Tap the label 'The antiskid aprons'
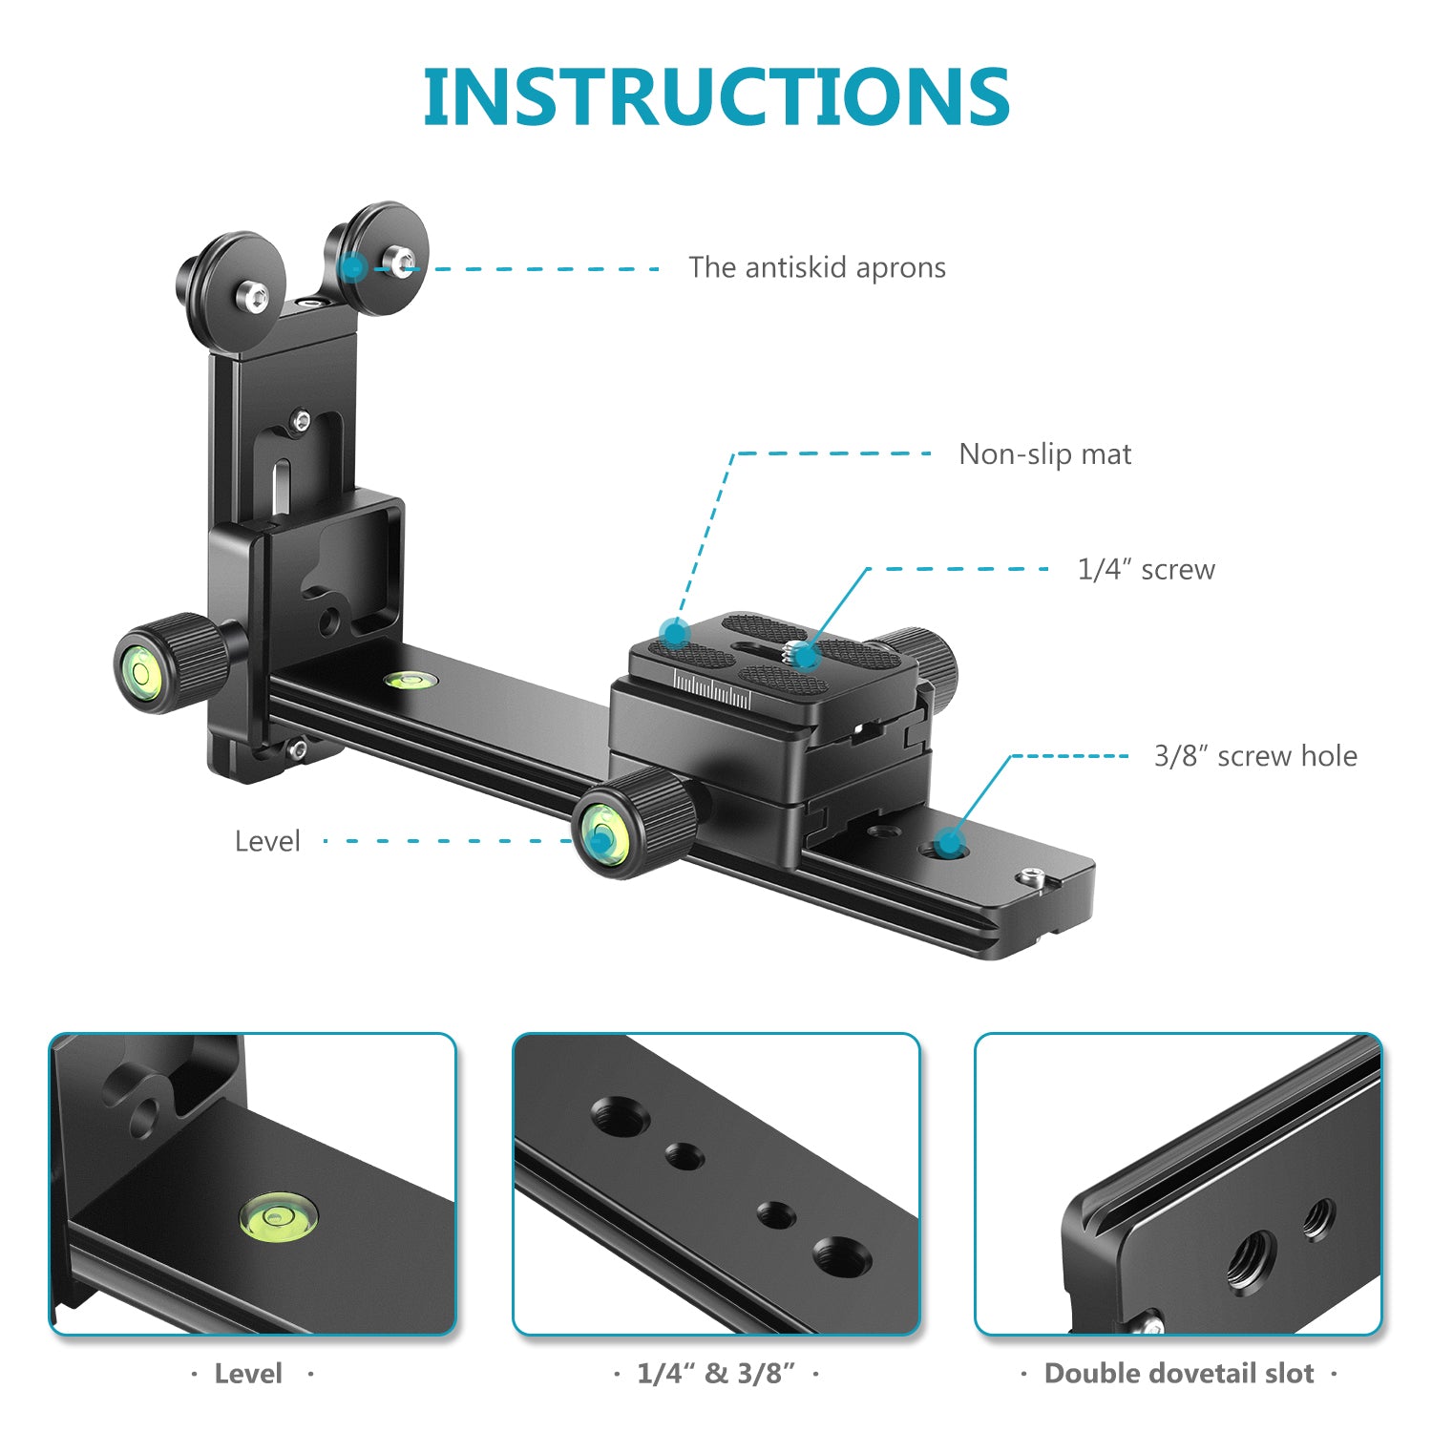pyautogui.click(x=817, y=267)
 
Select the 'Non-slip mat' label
pyautogui.click(x=1044, y=453)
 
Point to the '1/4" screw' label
pyautogui.click(x=1146, y=569)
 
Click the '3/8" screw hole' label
pyautogui.click(x=1255, y=756)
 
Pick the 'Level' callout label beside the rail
pyautogui.click(x=267, y=841)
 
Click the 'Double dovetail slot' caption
pyautogui.click(x=1179, y=1374)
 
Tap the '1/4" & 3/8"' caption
pyautogui.click(x=716, y=1374)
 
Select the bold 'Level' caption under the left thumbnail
pyautogui.click(x=248, y=1374)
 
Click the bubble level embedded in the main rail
pyautogui.click(x=411, y=680)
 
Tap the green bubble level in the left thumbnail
pyautogui.click(x=278, y=1216)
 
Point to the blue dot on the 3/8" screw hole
pyautogui.click(x=948, y=843)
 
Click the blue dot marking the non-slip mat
pyautogui.click(x=676, y=632)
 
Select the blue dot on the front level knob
pyautogui.click(x=600, y=839)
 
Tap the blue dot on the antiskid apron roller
pyautogui.click(x=353, y=268)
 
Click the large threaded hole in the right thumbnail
pyautogui.click(x=1251, y=1260)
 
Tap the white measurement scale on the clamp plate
pyautogui.click(x=711, y=689)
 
